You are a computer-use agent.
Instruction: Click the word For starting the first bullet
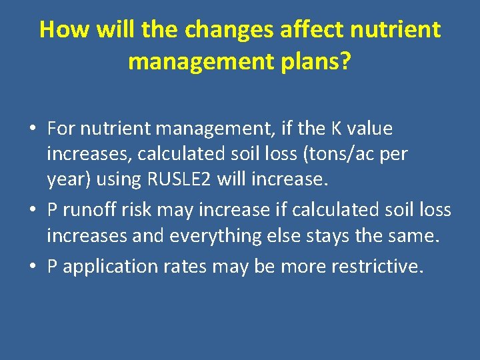(x=63, y=127)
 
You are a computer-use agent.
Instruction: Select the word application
(x=107, y=266)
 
